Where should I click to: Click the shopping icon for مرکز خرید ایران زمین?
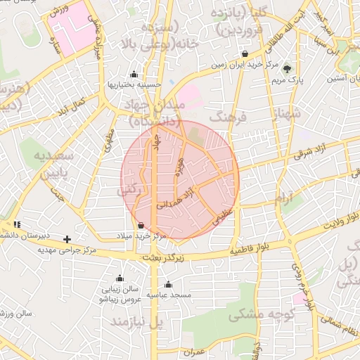[244, 53]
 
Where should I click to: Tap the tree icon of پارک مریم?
[287, 68]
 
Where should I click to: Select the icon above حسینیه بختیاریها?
[134, 74]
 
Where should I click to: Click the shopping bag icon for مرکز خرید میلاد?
[142, 226]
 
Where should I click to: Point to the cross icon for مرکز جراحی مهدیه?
[67, 239]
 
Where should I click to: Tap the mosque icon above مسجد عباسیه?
[168, 285]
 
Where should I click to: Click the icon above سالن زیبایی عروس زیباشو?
[119, 278]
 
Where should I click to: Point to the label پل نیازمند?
[136, 322]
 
